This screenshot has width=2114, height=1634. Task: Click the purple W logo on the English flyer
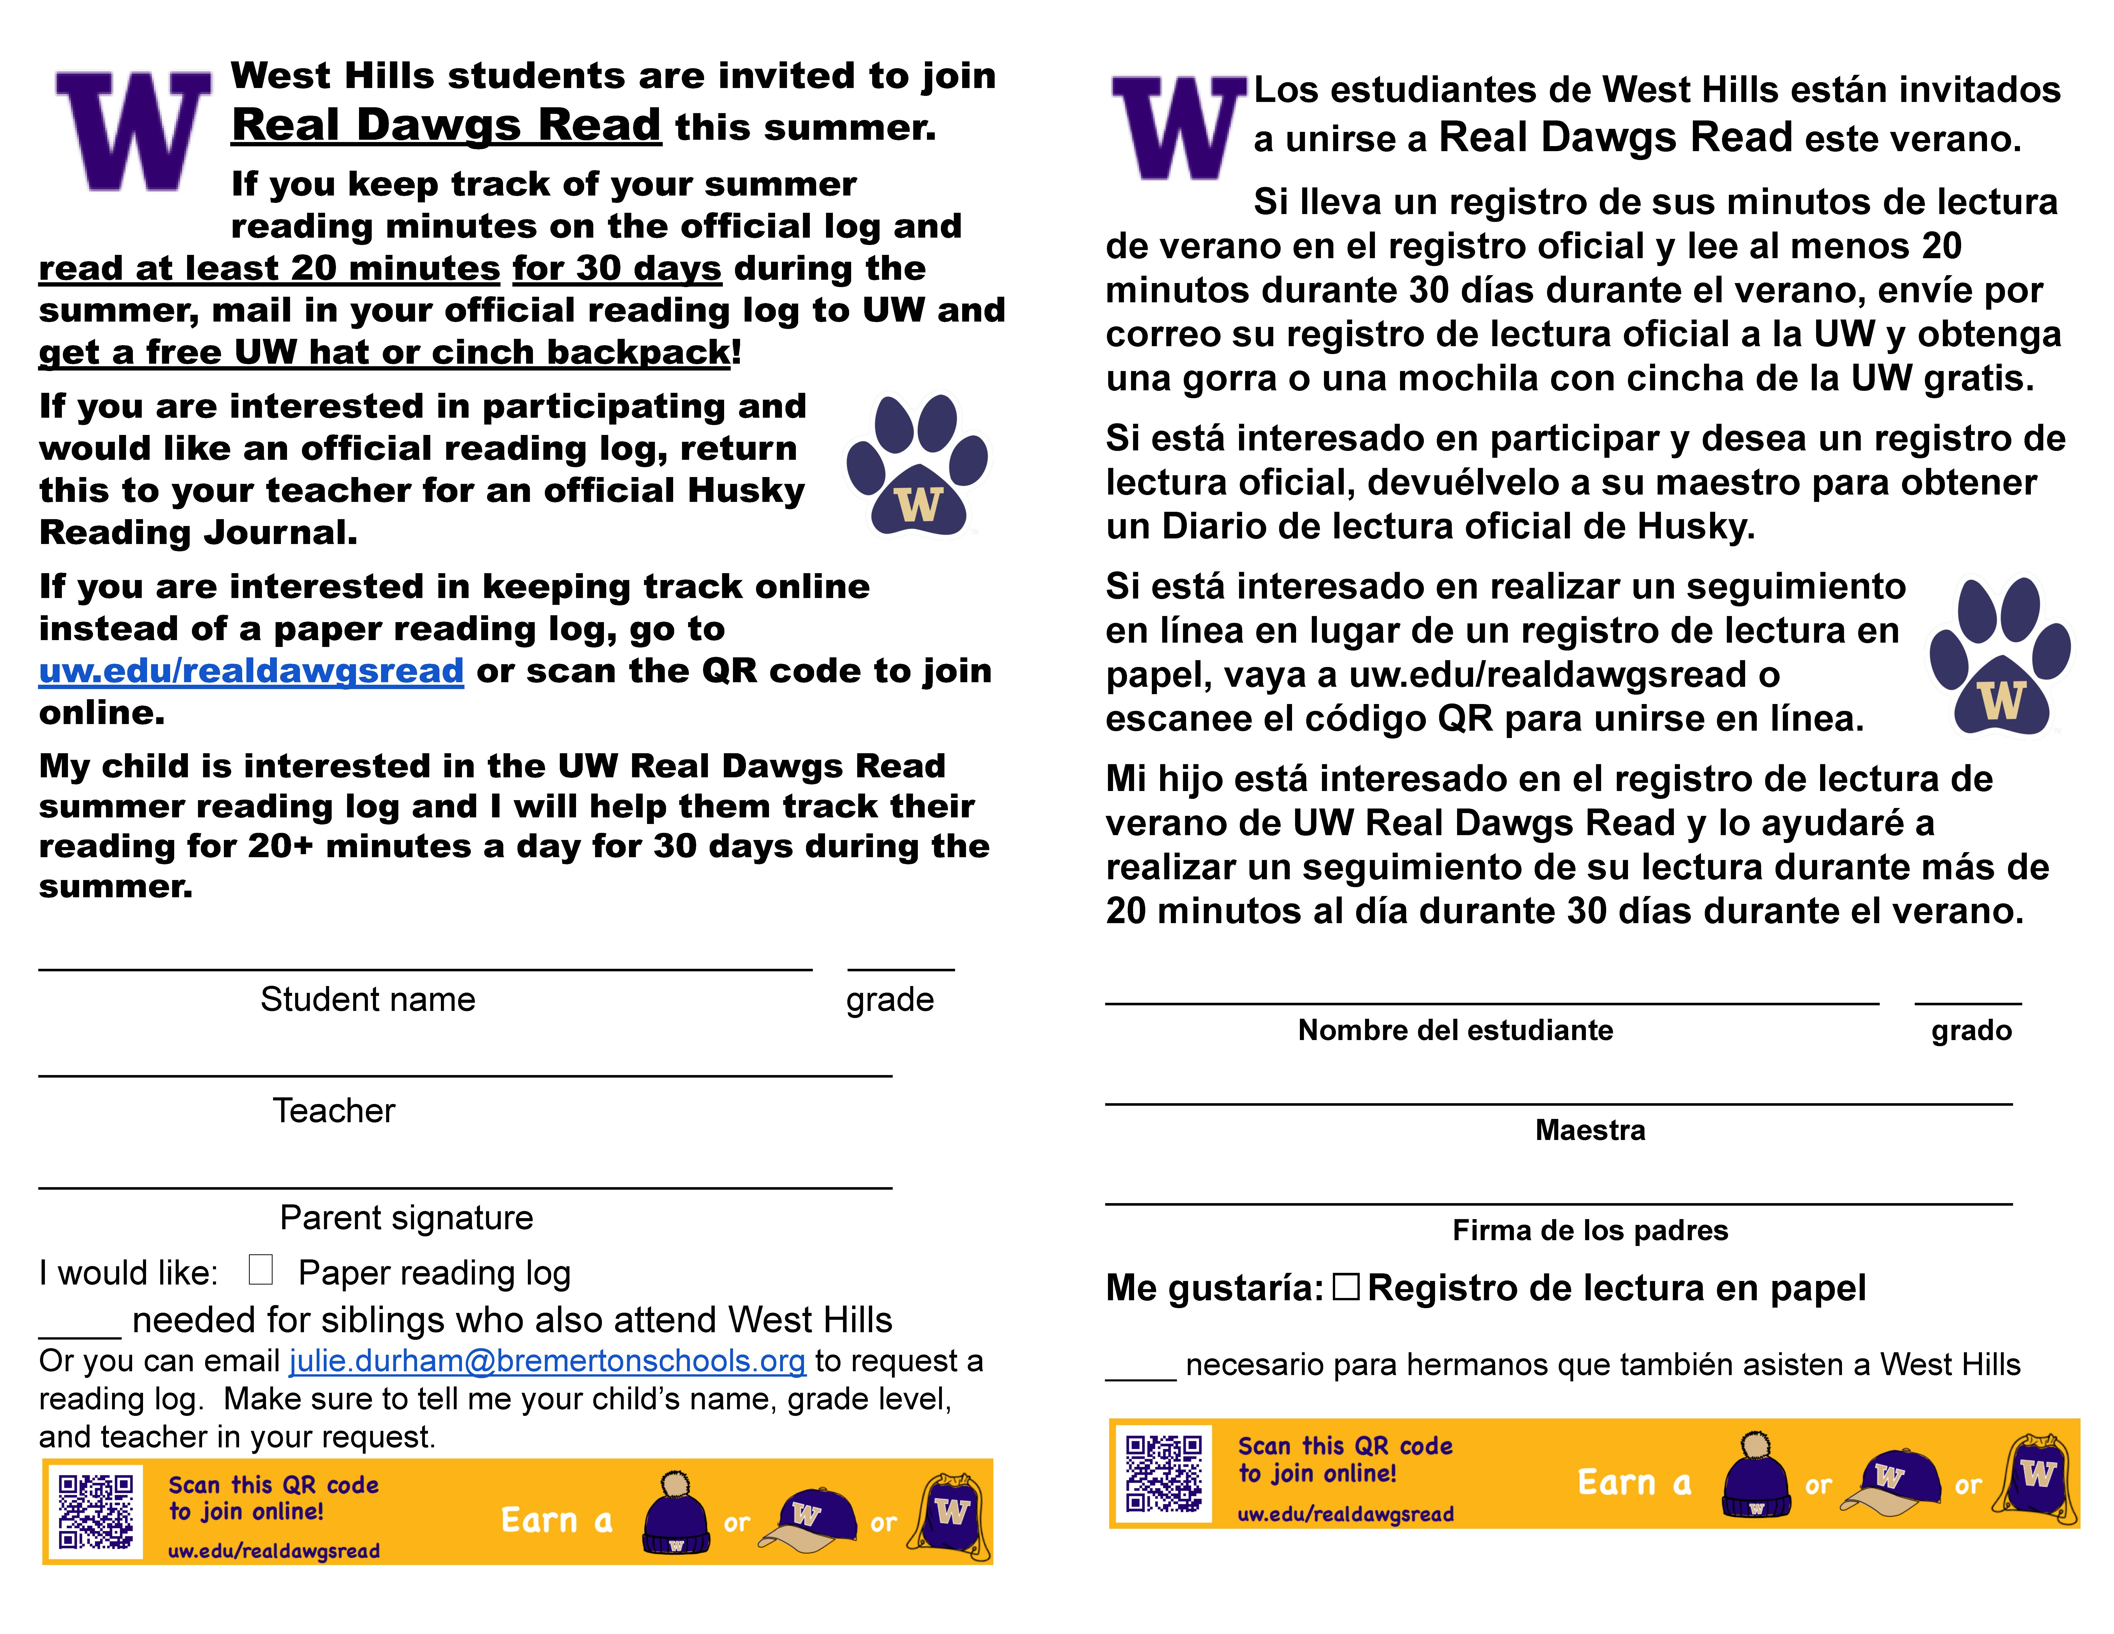pos(133,131)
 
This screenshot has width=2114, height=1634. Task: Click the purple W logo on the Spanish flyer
pos(1178,128)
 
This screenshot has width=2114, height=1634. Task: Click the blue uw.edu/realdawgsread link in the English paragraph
pos(251,671)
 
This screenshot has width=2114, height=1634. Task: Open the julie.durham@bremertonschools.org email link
pos(547,1361)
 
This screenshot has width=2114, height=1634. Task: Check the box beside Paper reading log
pos(260,1270)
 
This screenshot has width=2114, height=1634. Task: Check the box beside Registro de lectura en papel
pos(1346,1288)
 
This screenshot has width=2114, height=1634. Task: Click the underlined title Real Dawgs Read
pos(446,126)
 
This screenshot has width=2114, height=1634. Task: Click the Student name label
pos(368,999)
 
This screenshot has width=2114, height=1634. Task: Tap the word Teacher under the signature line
pos(334,1110)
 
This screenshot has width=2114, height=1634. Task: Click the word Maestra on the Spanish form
pos(1589,1130)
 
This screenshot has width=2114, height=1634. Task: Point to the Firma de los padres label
pos(1589,1230)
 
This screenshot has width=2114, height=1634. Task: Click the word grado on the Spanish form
pos(1971,1030)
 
